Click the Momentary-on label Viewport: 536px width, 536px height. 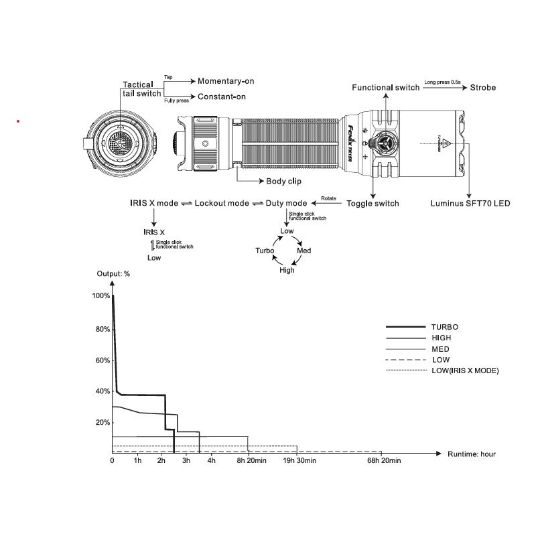226,81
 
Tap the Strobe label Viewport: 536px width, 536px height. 483,87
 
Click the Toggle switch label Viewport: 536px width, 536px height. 373,203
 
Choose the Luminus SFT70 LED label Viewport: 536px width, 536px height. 470,203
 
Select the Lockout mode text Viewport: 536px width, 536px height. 222,203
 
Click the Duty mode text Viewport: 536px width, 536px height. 286,203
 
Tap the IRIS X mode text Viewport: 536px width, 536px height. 154,203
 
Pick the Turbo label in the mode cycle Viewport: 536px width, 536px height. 265,250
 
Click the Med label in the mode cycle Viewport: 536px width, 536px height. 304,250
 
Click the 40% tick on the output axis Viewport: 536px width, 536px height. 102,391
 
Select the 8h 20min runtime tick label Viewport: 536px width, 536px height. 249,461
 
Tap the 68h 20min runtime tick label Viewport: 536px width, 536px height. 384,461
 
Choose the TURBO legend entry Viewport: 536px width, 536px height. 444,327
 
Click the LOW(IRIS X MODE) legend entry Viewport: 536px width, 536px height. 466,371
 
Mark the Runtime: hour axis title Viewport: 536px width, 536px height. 472,454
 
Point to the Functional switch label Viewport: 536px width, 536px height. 386,88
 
